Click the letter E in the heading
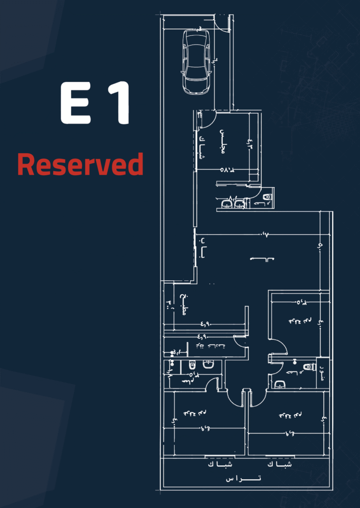(x=76, y=104)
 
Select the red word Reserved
(x=80, y=164)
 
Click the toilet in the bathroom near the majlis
(x=268, y=197)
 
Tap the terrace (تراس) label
(x=243, y=479)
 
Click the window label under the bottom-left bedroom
(x=219, y=464)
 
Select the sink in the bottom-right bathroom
(x=280, y=384)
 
